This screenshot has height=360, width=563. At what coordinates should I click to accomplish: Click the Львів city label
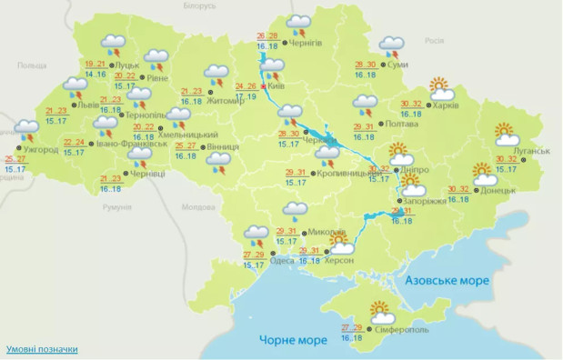(88, 105)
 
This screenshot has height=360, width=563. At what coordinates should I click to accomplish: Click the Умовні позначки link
(42, 349)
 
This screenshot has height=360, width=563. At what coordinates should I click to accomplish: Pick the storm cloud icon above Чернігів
(298, 24)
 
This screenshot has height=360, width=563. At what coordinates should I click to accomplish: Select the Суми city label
(397, 65)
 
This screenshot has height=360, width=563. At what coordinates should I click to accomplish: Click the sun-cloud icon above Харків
(441, 89)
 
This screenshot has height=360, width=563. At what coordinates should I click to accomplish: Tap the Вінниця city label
(222, 146)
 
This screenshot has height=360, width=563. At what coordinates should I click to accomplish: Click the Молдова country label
(197, 207)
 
